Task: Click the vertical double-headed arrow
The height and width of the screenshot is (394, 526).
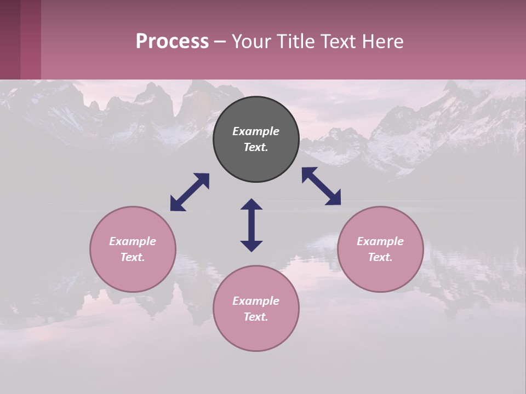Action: (x=251, y=225)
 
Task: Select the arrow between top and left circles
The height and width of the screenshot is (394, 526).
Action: (x=190, y=192)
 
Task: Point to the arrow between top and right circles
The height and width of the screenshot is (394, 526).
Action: (x=321, y=186)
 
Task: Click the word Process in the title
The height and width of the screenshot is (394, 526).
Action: (x=172, y=41)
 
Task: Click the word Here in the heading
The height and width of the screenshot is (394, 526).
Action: (x=384, y=41)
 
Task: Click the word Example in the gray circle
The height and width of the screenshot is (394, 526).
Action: (x=256, y=131)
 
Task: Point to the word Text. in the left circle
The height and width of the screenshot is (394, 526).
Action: (x=133, y=257)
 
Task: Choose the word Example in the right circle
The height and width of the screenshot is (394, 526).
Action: (x=380, y=241)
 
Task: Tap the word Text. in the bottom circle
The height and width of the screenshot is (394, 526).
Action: (x=256, y=317)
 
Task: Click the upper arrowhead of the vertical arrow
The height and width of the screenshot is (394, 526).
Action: (x=251, y=204)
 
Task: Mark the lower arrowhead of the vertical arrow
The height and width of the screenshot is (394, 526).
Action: (x=251, y=246)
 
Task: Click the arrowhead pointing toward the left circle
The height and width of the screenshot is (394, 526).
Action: (x=176, y=205)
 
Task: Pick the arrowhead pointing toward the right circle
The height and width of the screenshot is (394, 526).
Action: (x=334, y=198)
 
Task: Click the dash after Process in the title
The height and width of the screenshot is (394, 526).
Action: (x=220, y=41)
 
